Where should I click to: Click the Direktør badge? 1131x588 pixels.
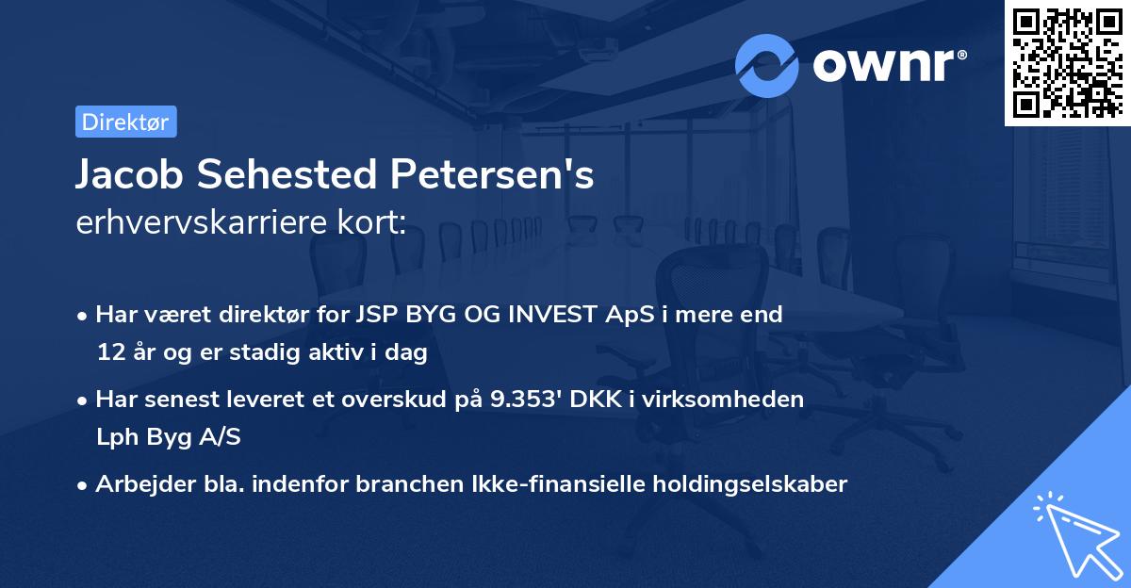(125, 122)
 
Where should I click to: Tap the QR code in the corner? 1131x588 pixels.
(1068, 62)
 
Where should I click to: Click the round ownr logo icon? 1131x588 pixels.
(767, 66)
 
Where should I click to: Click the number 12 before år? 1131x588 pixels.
(109, 352)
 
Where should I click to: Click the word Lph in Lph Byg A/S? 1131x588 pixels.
(115, 437)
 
